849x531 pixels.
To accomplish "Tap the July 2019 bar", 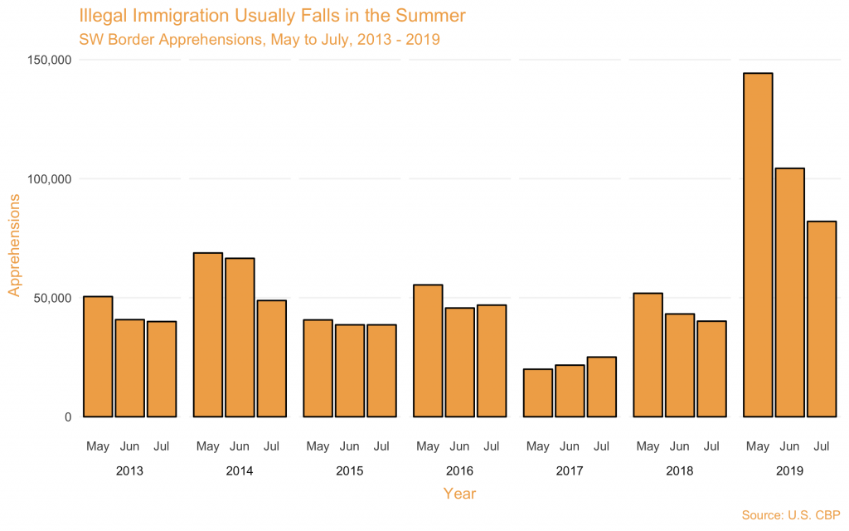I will (x=821, y=319).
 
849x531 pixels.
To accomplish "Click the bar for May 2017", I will (x=538, y=392).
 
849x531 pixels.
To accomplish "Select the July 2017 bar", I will (x=601, y=387).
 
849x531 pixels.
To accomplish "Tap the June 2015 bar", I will (x=350, y=370).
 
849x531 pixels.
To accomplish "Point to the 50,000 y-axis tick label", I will (x=51, y=298).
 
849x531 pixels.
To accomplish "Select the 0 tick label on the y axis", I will (x=68, y=417).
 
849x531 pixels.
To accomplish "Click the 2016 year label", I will (x=459, y=471).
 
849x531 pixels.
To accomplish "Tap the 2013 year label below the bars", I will (x=129, y=471).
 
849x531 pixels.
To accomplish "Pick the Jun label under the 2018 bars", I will (x=680, y=446).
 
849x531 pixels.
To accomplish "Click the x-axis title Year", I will (x=459, y=494).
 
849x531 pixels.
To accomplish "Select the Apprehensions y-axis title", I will (x=14, y=245).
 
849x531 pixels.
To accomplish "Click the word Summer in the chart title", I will (x=429, y=16).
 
